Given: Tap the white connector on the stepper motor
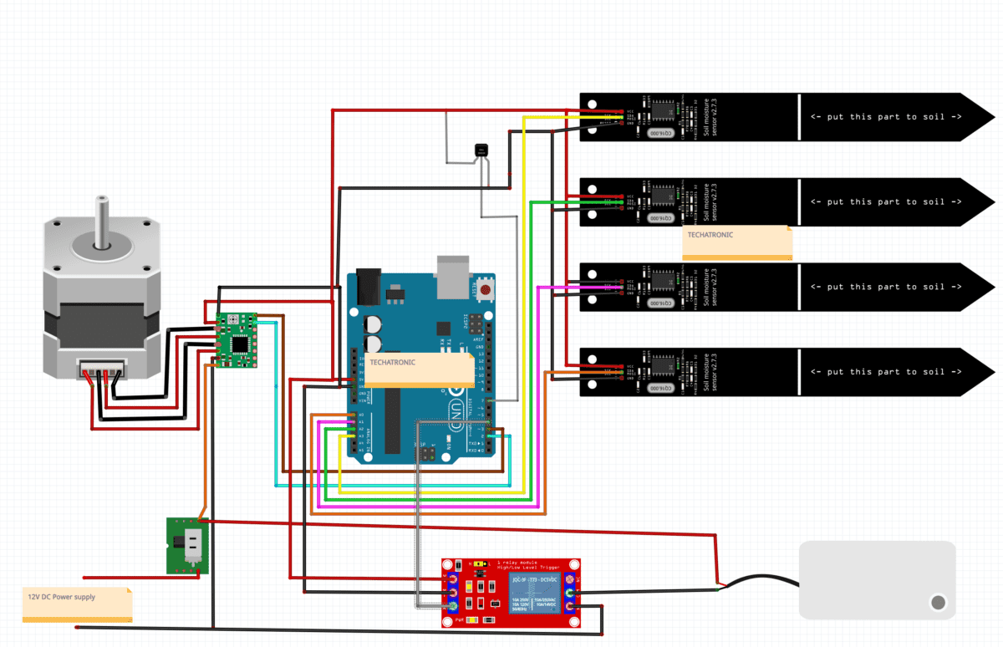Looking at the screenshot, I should (x=101, y=367).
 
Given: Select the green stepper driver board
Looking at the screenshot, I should (x=238, y=339).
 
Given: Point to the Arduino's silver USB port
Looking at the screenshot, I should (x=451, y=277).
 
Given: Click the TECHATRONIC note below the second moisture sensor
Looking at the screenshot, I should (x=737, y=242).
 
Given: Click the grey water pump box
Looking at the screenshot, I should (x=877, y=579).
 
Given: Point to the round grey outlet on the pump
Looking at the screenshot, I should (x=938, y=602).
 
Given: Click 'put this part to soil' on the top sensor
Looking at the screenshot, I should (x=885, y=117).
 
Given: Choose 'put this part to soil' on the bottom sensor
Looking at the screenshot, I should (x=885, y=372).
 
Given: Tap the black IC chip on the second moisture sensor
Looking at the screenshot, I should (x=663, y=194).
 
